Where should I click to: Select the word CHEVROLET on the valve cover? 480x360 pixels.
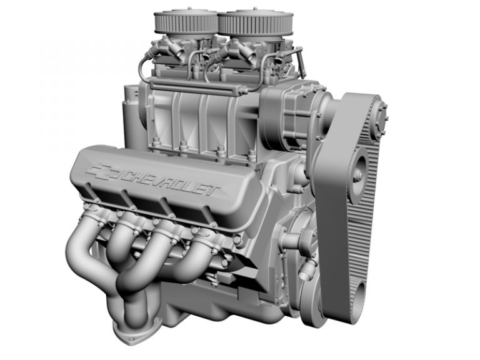(169, 181)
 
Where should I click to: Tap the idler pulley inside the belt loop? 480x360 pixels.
(358, 167)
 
